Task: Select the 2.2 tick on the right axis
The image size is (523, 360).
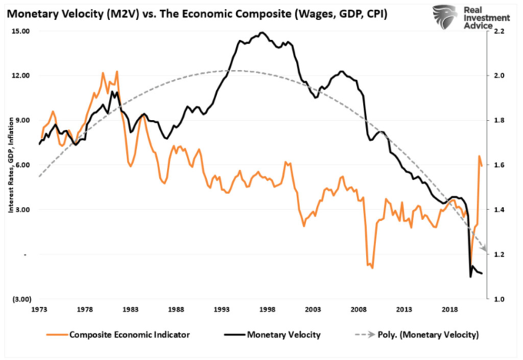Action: [x=499, y=32]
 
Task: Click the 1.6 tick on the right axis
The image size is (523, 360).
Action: [x=499, y=165]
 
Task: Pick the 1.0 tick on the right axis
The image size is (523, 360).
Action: [x=499, y=298]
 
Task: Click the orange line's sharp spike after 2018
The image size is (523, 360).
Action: [x=479, y=157]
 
